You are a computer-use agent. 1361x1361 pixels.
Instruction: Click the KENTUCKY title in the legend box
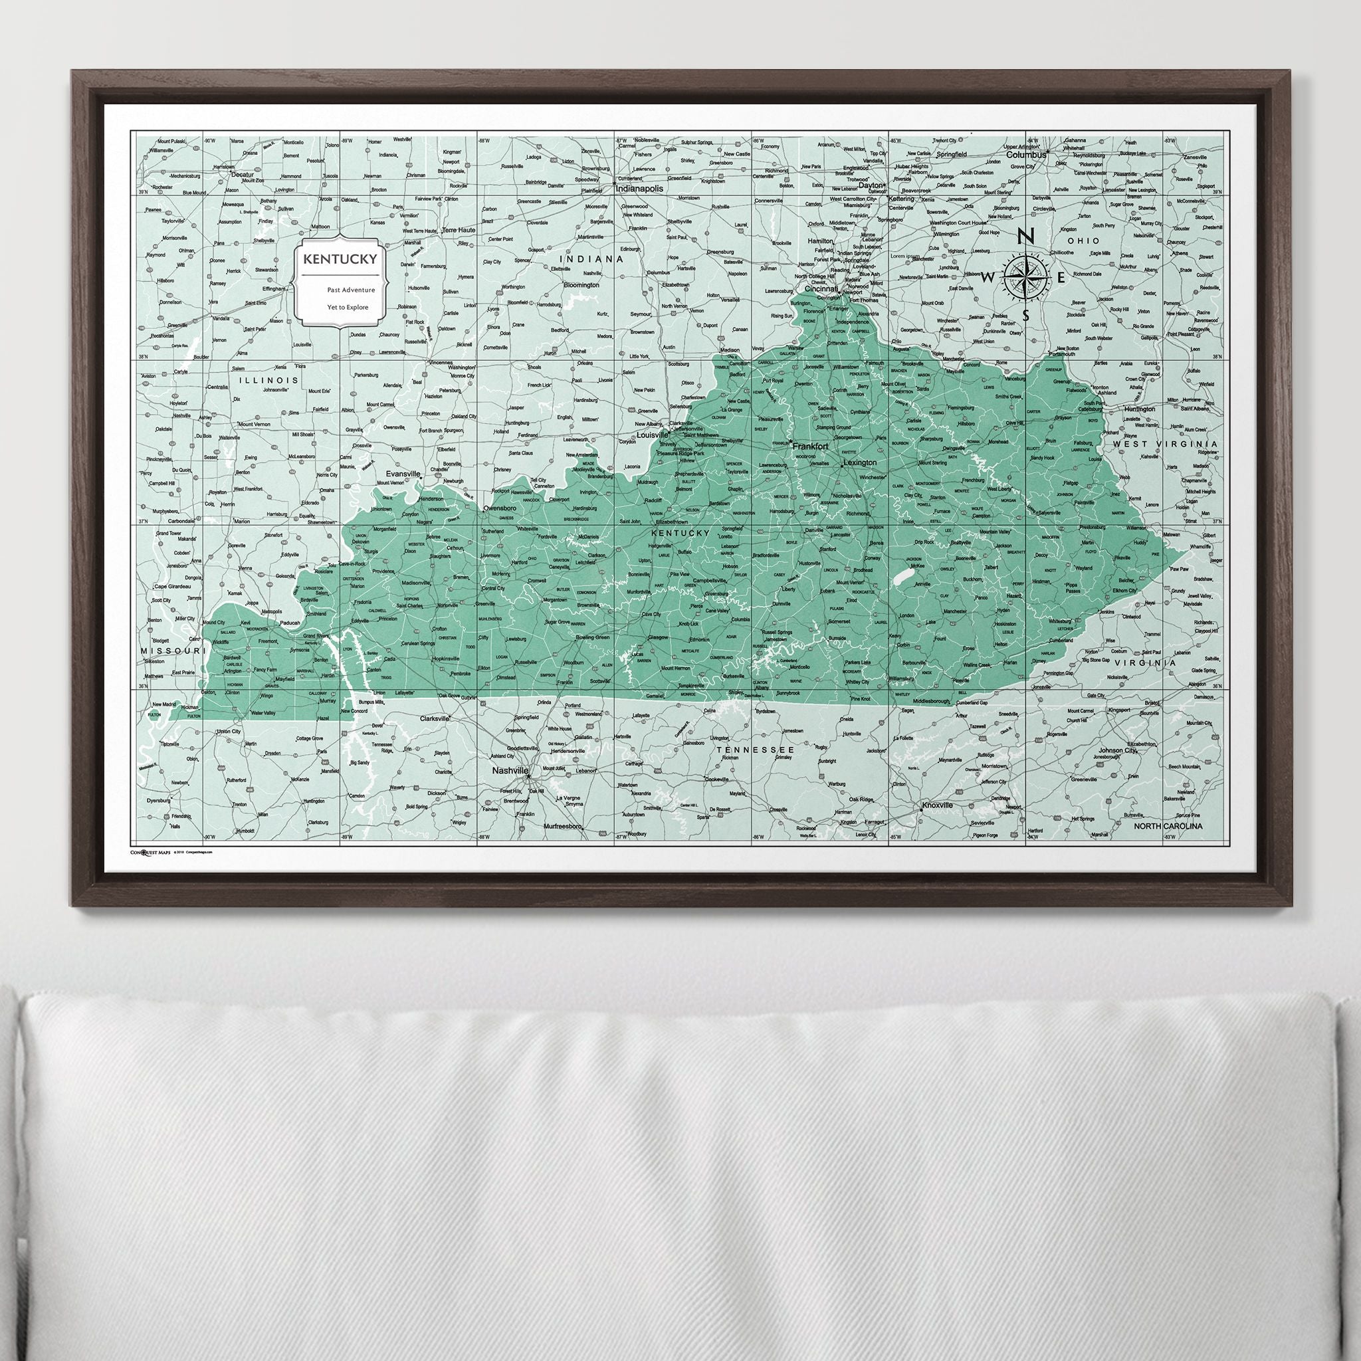340,259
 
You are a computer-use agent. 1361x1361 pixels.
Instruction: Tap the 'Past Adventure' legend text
351,290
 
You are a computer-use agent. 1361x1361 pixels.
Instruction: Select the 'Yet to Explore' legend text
348,306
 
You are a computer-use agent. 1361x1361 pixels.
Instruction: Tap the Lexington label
859,463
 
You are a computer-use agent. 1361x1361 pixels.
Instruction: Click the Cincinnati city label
822,289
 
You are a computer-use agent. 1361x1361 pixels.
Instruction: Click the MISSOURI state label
172,650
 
